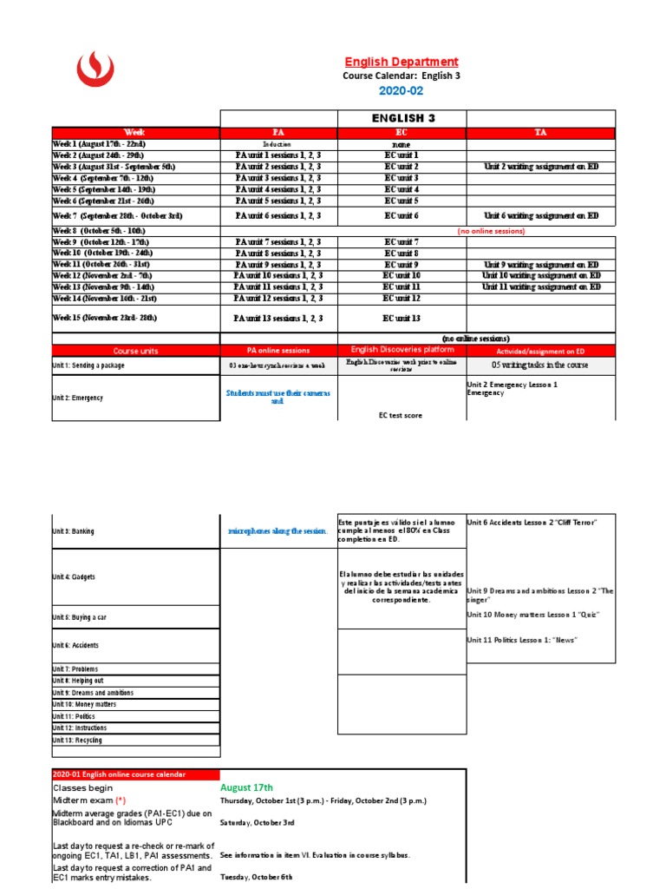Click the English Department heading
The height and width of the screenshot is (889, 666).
click(x=402, y=62)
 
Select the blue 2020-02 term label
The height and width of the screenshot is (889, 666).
click(x=402, y=91)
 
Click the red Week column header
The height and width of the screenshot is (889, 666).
click(x=135, y=133)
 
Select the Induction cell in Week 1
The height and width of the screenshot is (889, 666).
click(x=278, y=144)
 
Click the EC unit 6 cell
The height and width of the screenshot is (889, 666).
click(x=402, y=215)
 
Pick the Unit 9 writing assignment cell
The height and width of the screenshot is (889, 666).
click(x=540, y=265)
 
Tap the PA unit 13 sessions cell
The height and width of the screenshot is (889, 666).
click(x=278, y=319)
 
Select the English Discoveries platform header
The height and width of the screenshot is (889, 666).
click(x=402, y=350)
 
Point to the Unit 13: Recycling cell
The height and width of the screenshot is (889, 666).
click(x=77, y=741)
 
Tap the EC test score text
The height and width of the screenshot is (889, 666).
click(x=401, y=416)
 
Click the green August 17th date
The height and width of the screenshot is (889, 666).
click(x=252, y=787)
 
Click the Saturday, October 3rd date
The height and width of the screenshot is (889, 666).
click(x=258, y=822)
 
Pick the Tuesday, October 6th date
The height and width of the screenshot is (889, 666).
click(x=257, y=878)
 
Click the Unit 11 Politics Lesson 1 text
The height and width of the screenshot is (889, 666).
click(x=522, y=640)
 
